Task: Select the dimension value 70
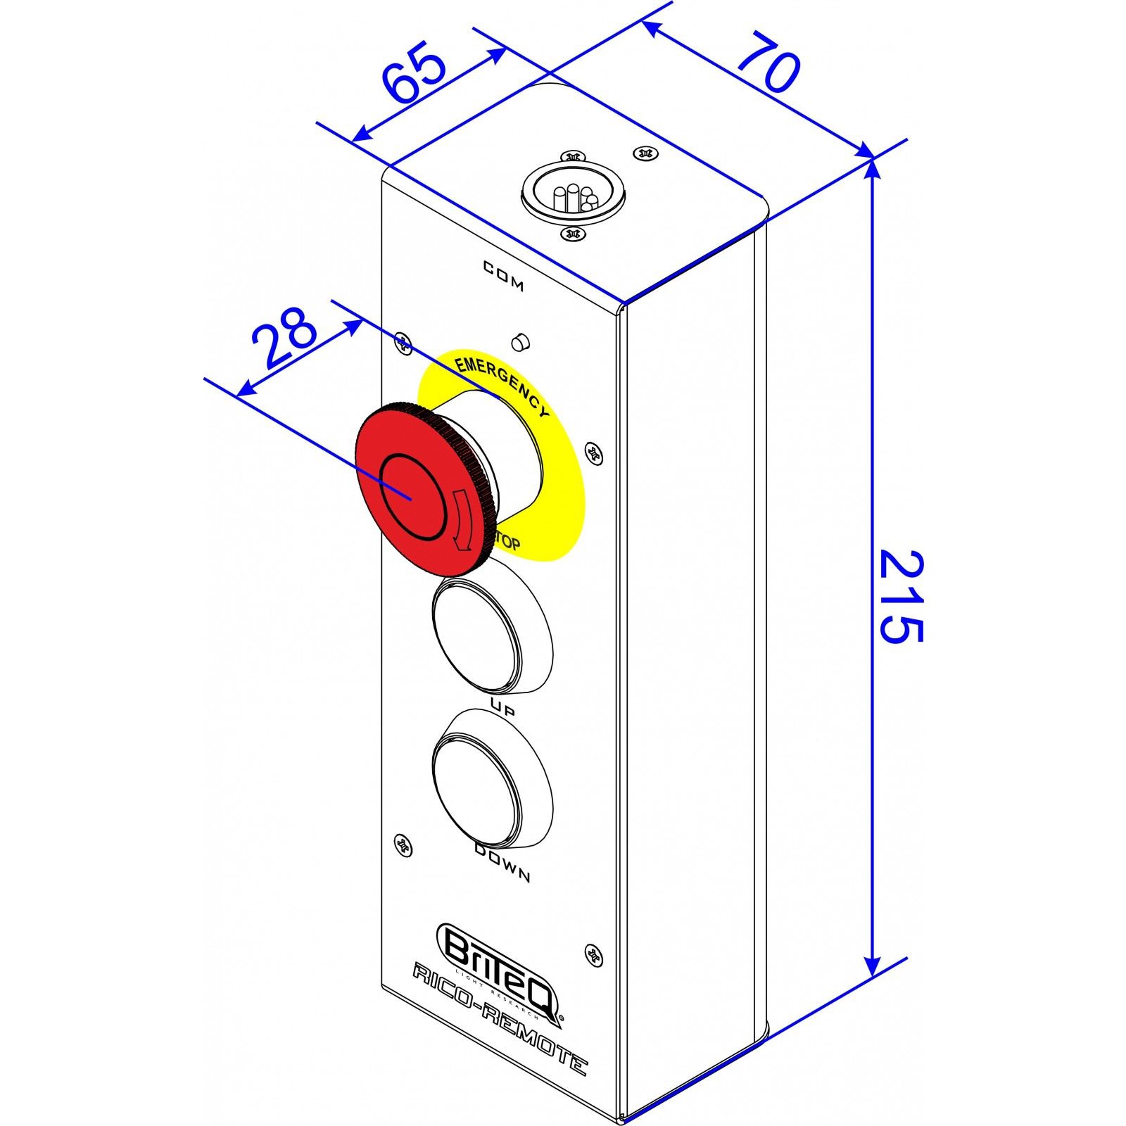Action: (769, 63)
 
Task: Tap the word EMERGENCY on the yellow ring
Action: (501, 384)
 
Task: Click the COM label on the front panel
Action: (503, 275)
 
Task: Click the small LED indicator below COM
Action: (520, 341)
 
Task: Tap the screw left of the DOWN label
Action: (403, 843)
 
